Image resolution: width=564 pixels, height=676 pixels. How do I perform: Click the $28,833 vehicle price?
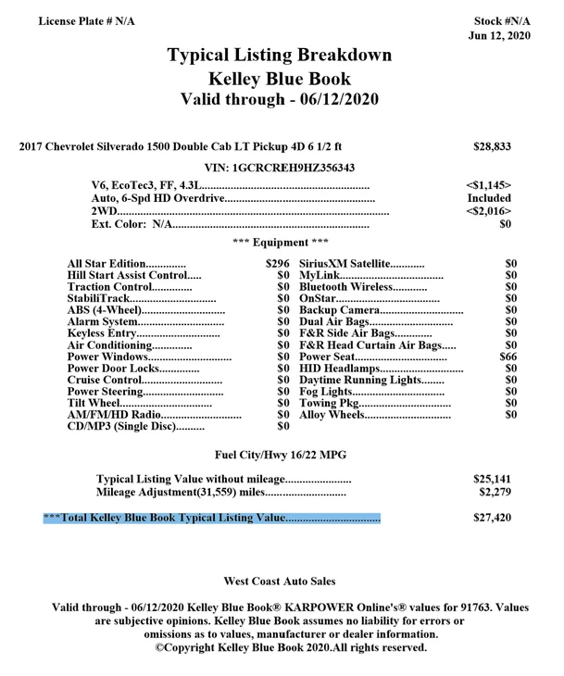(492, 146)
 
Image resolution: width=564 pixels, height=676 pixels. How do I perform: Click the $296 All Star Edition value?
(278, 264)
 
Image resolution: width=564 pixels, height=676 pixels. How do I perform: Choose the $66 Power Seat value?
(508, 356)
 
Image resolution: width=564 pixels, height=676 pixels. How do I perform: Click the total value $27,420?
(492, 518)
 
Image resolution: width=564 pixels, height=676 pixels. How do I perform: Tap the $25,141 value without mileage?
(492, 479)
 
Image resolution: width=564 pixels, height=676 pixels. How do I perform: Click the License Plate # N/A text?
(86, 20)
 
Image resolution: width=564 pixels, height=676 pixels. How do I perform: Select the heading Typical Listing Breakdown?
(279, 56)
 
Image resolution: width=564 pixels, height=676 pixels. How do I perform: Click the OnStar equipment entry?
(317, 297)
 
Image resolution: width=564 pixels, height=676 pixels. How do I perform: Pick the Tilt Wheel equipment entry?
(94, 402)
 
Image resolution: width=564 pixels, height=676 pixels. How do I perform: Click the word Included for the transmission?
(489, 198)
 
